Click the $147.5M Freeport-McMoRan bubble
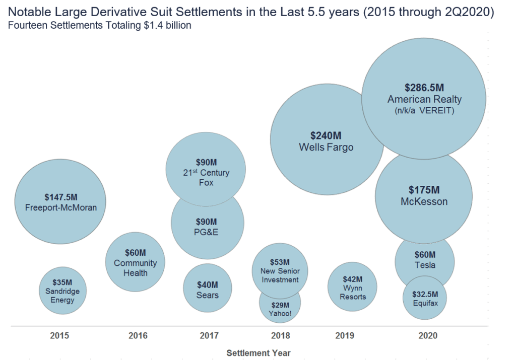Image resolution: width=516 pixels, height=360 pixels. [60, 202]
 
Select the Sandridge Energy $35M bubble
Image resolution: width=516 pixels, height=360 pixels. [62, 291]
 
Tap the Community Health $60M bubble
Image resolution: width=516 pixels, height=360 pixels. [135, 262]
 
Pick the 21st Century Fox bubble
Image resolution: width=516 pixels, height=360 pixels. [206, 172]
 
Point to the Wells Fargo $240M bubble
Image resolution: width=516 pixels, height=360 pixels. [326, 141]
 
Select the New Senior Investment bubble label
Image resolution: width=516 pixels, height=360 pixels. [280, 275]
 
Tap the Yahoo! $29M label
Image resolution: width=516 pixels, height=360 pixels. [280, 309]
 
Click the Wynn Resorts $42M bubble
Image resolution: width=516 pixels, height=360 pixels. [352, 287]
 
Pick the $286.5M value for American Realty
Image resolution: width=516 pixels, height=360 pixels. [424, 87]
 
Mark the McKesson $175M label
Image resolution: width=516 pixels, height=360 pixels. [424, 196]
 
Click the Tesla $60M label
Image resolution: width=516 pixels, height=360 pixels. [425, 260]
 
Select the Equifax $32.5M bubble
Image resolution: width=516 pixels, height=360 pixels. [424, 299]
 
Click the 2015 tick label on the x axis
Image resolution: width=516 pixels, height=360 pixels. [59, 336]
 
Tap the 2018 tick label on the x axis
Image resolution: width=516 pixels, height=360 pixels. [280, 336]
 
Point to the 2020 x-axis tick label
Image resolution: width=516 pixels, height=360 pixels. [427, 336]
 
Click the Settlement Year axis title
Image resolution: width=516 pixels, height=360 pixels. [258, 353]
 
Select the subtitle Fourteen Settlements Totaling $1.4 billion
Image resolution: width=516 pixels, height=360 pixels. [100, 25]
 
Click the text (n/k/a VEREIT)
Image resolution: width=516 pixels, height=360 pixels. [424, 110]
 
